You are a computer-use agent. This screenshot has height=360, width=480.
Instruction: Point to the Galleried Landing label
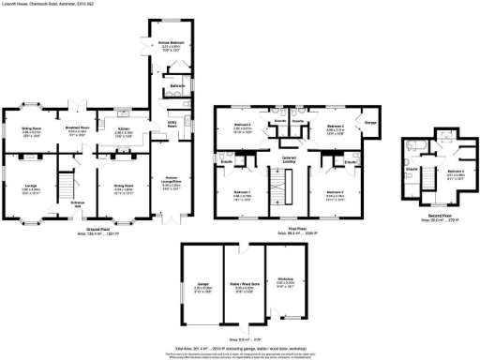pyautogui.click(x=278, y=159)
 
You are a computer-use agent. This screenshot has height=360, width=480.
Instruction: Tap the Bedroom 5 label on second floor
pyautogui.click(x=455, y=172)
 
